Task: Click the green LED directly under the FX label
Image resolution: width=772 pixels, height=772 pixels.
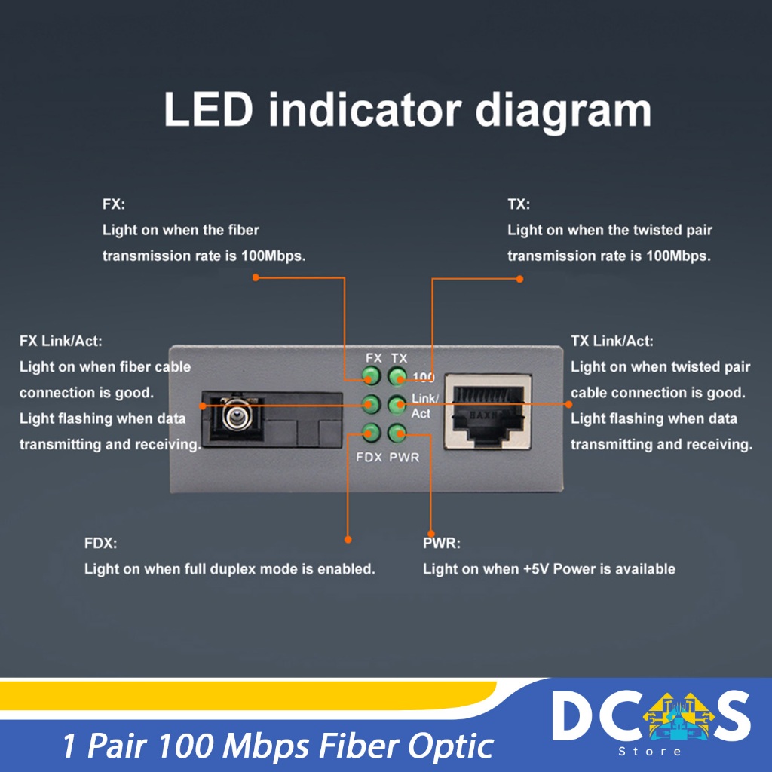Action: [x=371, y=376]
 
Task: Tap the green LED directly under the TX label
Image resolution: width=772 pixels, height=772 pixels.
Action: [x=397, y=376]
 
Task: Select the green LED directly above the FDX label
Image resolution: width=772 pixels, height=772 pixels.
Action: [x=371, y=433]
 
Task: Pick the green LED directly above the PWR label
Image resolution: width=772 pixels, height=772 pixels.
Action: [x=397, y=433]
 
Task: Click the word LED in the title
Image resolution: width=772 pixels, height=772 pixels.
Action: [x=207, y=110]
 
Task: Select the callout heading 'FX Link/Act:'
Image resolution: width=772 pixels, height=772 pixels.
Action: [x=60, y=342]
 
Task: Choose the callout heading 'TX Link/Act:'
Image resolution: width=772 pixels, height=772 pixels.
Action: [x=612, y=342]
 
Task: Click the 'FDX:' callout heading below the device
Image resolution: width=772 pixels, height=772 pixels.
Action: [x=101, y=543]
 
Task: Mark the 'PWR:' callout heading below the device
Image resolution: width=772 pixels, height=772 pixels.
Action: [x=442, y=543]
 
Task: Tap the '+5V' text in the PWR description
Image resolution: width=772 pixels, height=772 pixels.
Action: [x=536, y=569]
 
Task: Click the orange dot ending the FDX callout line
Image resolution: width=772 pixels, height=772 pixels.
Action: [x=348, y=539]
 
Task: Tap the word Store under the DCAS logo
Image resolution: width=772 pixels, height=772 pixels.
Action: [x=649, y=751]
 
